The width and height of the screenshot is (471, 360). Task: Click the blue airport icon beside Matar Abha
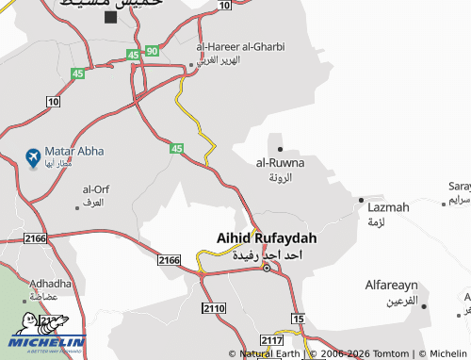(33, 155)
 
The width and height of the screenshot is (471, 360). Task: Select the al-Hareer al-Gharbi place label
(240, 46)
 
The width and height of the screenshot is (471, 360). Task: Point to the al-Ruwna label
(280, 162)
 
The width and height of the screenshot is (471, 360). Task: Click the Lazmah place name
(389, 206)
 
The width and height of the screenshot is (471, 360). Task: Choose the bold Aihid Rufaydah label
(266, 239)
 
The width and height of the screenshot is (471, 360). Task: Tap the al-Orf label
(96, 189)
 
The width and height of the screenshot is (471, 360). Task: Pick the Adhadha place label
(51, 283)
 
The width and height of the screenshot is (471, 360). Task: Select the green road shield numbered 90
(153, 50)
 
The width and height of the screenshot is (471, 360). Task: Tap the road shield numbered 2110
(214, 308)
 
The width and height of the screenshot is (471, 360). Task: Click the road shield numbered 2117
(272, 340)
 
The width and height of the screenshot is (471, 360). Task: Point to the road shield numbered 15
(299, 320)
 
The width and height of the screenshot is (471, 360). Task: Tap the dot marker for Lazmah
(361, 199)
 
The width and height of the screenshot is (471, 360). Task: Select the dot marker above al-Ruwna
(280, 148)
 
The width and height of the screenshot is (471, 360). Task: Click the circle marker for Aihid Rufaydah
(266, 269)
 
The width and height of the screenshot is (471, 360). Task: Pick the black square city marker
(111, 17)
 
